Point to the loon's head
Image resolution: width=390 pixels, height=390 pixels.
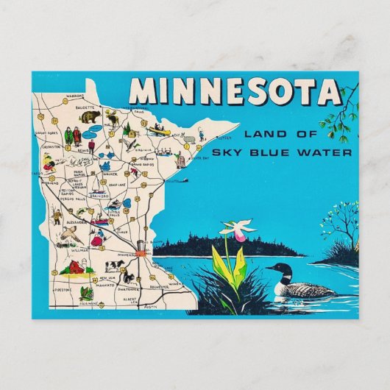[274, 269]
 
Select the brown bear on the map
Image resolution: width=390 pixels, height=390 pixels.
[92, 117]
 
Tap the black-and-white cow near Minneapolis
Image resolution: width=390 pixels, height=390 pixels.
[116, 265]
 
